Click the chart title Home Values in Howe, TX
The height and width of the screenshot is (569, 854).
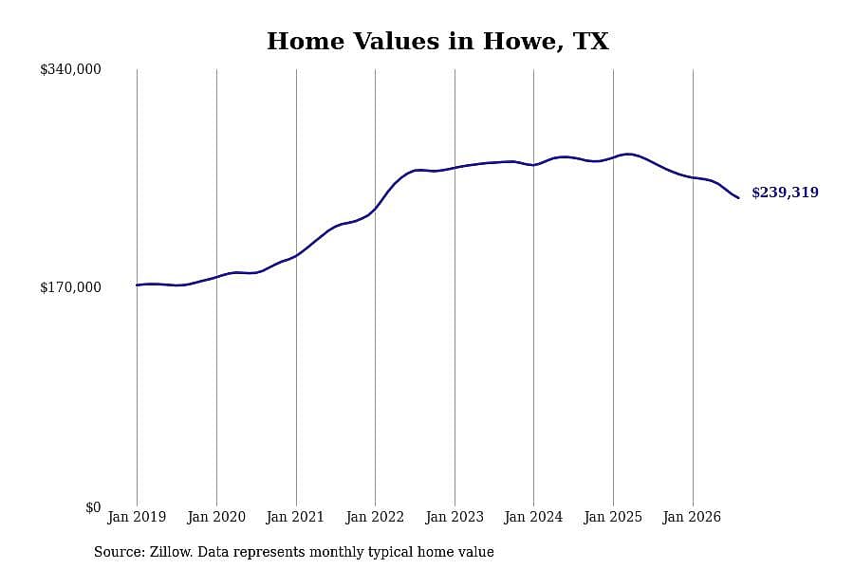(x=437, y=42)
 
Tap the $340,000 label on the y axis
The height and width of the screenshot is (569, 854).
(x=70, y=69)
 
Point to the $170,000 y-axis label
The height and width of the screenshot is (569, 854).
(x=70, y=287)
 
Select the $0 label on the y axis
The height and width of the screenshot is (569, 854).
(x=93, y=507)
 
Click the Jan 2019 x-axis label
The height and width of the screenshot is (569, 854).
(x=137, y=517)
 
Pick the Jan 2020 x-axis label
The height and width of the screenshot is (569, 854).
(x=216, y=517)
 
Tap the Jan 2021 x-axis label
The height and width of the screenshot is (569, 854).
(x=295, y=517)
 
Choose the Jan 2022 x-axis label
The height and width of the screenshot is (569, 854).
(x=375, y=517)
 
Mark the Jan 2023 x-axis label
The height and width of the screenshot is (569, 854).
(x=455, y=517)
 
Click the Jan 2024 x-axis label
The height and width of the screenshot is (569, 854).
(x=533, y=517)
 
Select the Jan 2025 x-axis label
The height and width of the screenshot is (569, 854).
(x=613, y=517)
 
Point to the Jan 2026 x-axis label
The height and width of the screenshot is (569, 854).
(x=692, y=517)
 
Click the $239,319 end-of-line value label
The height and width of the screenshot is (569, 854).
(x=785, y=193)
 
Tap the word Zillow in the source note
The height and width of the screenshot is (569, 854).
(x=172, y=552)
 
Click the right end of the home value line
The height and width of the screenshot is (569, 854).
(x=738, y=197)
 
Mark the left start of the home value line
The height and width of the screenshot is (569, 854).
(x=137, y=284)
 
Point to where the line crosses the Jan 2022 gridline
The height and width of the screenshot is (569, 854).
(x=375, y=208)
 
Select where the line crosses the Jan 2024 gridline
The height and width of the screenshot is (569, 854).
(x=533, y=164)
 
